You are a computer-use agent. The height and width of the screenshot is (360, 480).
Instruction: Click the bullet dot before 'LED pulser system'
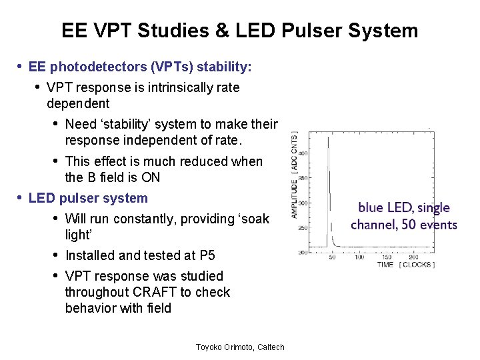[x=20, y=198]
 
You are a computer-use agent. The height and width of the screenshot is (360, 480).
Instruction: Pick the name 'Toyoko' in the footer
[x=210, y=347]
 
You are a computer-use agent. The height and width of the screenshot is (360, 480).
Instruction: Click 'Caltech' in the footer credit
[x=269, y=347]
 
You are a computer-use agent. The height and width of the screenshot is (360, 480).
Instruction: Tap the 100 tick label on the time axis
[x=359, y=257]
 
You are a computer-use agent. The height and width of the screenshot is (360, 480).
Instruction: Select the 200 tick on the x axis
[x=413, y=257]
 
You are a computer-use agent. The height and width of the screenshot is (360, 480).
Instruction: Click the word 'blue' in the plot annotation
[x=371, y=208]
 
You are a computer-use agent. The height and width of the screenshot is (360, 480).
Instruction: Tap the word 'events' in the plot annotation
[x=439, y=224]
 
